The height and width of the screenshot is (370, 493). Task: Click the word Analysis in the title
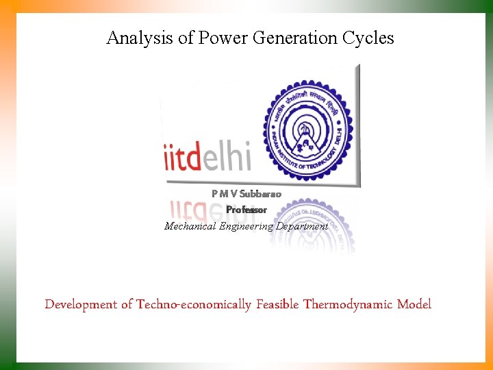[x=140, y=38]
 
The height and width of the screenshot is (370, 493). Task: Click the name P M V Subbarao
[x=246, y=194]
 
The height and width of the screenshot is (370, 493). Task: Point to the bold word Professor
[x=246, y=210]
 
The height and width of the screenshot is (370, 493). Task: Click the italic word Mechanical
[x=190, y=226]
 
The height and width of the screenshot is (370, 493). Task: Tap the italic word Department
[x=302, y=226]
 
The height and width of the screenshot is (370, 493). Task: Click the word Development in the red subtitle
[x=81, y=304]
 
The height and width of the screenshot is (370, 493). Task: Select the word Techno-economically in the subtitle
[x=194, y=304]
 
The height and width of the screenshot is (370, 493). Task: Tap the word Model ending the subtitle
[x=414, y=304]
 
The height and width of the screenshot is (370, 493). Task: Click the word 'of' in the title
[x=186, y=38]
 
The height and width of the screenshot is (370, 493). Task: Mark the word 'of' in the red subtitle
[x=127, y=304]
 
